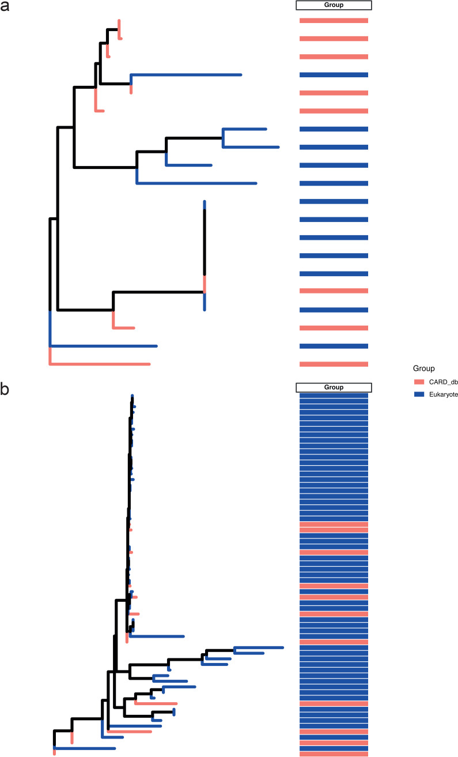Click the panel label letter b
5,390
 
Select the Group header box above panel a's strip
334,5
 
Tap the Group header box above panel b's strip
334,387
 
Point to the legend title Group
423,368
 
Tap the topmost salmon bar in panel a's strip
334,21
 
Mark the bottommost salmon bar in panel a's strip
334,364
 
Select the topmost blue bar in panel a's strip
334,75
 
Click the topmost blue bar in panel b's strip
334,396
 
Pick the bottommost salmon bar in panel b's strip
334,754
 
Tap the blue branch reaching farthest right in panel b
259,647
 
